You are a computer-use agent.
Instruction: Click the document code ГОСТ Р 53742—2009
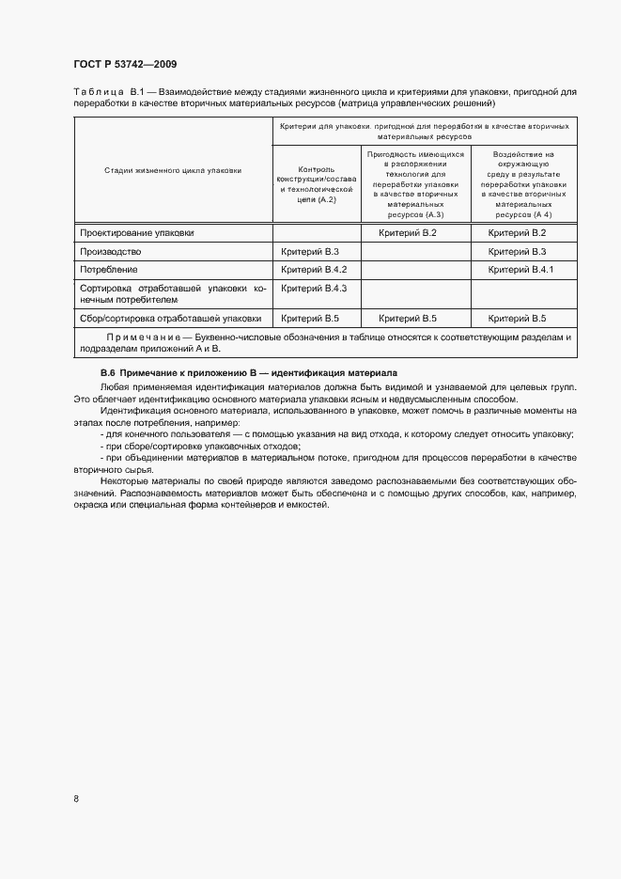125,64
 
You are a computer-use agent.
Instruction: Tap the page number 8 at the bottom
76,799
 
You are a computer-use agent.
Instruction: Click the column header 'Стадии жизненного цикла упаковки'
173,170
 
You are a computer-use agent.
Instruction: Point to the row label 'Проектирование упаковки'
137,232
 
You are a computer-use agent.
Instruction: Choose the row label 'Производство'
111,252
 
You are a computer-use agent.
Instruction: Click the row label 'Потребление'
109,270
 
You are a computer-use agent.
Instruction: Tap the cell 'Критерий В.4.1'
522,270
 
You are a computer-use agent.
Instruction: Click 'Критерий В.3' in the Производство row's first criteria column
309,252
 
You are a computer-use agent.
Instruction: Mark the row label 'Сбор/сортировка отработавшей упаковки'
170,318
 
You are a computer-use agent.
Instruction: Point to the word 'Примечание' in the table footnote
142,336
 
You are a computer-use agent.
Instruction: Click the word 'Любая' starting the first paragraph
113,387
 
